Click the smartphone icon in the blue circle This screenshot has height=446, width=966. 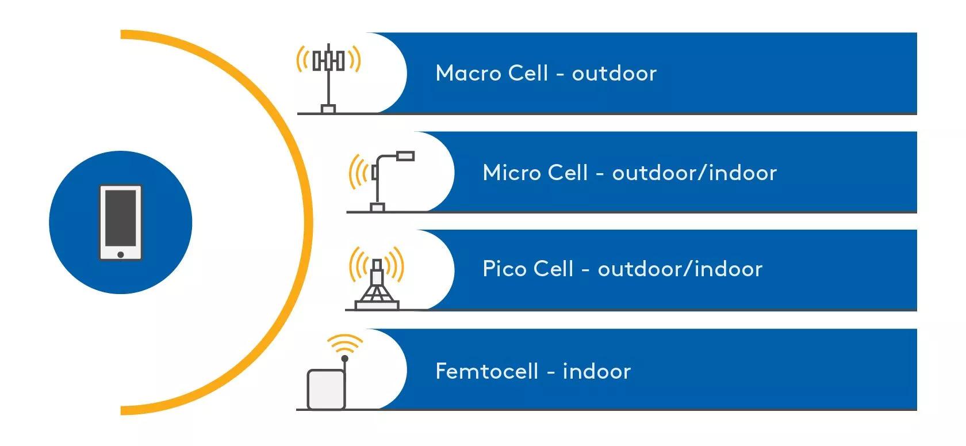tap(120, 222)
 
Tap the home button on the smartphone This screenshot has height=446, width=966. tap(120, 254)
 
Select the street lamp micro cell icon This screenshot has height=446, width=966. tap(381, 181)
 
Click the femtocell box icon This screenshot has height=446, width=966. tap(326, 388)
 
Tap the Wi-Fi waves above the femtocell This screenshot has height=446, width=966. tap(344, 342)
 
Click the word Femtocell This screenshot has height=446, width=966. tap(487, 371)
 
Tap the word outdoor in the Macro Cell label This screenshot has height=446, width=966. tap(614, 73)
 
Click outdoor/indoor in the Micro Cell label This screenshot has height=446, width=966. tap(694, 173)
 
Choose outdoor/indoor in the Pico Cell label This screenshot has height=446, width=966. tap(680, 269)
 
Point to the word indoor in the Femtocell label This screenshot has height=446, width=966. tap(596, 371)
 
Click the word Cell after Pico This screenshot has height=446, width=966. tap(553, 269)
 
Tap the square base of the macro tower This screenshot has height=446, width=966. tap(328, 109)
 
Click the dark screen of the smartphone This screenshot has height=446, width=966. tap(120, 217)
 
